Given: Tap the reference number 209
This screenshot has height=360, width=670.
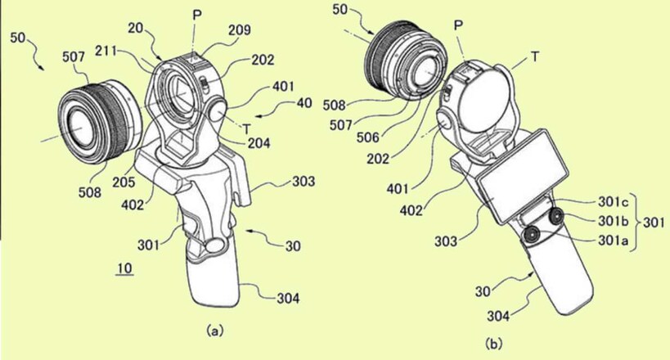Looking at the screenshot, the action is pos(239,30).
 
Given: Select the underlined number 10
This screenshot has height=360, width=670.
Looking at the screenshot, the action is pos(125,269).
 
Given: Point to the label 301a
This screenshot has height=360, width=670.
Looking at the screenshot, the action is pos(614,241).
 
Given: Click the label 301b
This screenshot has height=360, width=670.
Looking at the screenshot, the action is pos(614,221).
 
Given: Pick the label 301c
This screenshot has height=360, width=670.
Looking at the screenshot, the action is pos(614,201).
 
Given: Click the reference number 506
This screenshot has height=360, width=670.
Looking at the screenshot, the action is pos(368,137).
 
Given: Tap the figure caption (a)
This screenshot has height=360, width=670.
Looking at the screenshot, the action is pos(214,330).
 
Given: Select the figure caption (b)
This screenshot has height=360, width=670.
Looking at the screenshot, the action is pos(493,344).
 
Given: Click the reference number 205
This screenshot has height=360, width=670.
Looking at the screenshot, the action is pos(124,182).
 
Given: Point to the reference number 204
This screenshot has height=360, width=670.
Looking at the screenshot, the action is pos(259,143).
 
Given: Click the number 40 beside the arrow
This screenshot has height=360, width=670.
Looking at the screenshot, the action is pos(304,103).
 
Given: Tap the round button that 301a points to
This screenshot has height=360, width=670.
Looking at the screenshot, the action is pos(533,235).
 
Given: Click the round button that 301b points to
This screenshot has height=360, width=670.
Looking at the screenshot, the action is pos(557,217).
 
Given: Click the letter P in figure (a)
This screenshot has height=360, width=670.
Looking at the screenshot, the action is pos(196,16).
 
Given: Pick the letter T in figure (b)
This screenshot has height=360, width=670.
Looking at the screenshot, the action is pos(534,56).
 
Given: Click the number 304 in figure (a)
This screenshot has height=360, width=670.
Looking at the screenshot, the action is pos(288,298).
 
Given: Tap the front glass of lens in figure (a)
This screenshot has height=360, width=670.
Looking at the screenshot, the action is pos(80,128).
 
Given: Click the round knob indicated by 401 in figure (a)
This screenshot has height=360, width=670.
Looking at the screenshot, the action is pos(218,110).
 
